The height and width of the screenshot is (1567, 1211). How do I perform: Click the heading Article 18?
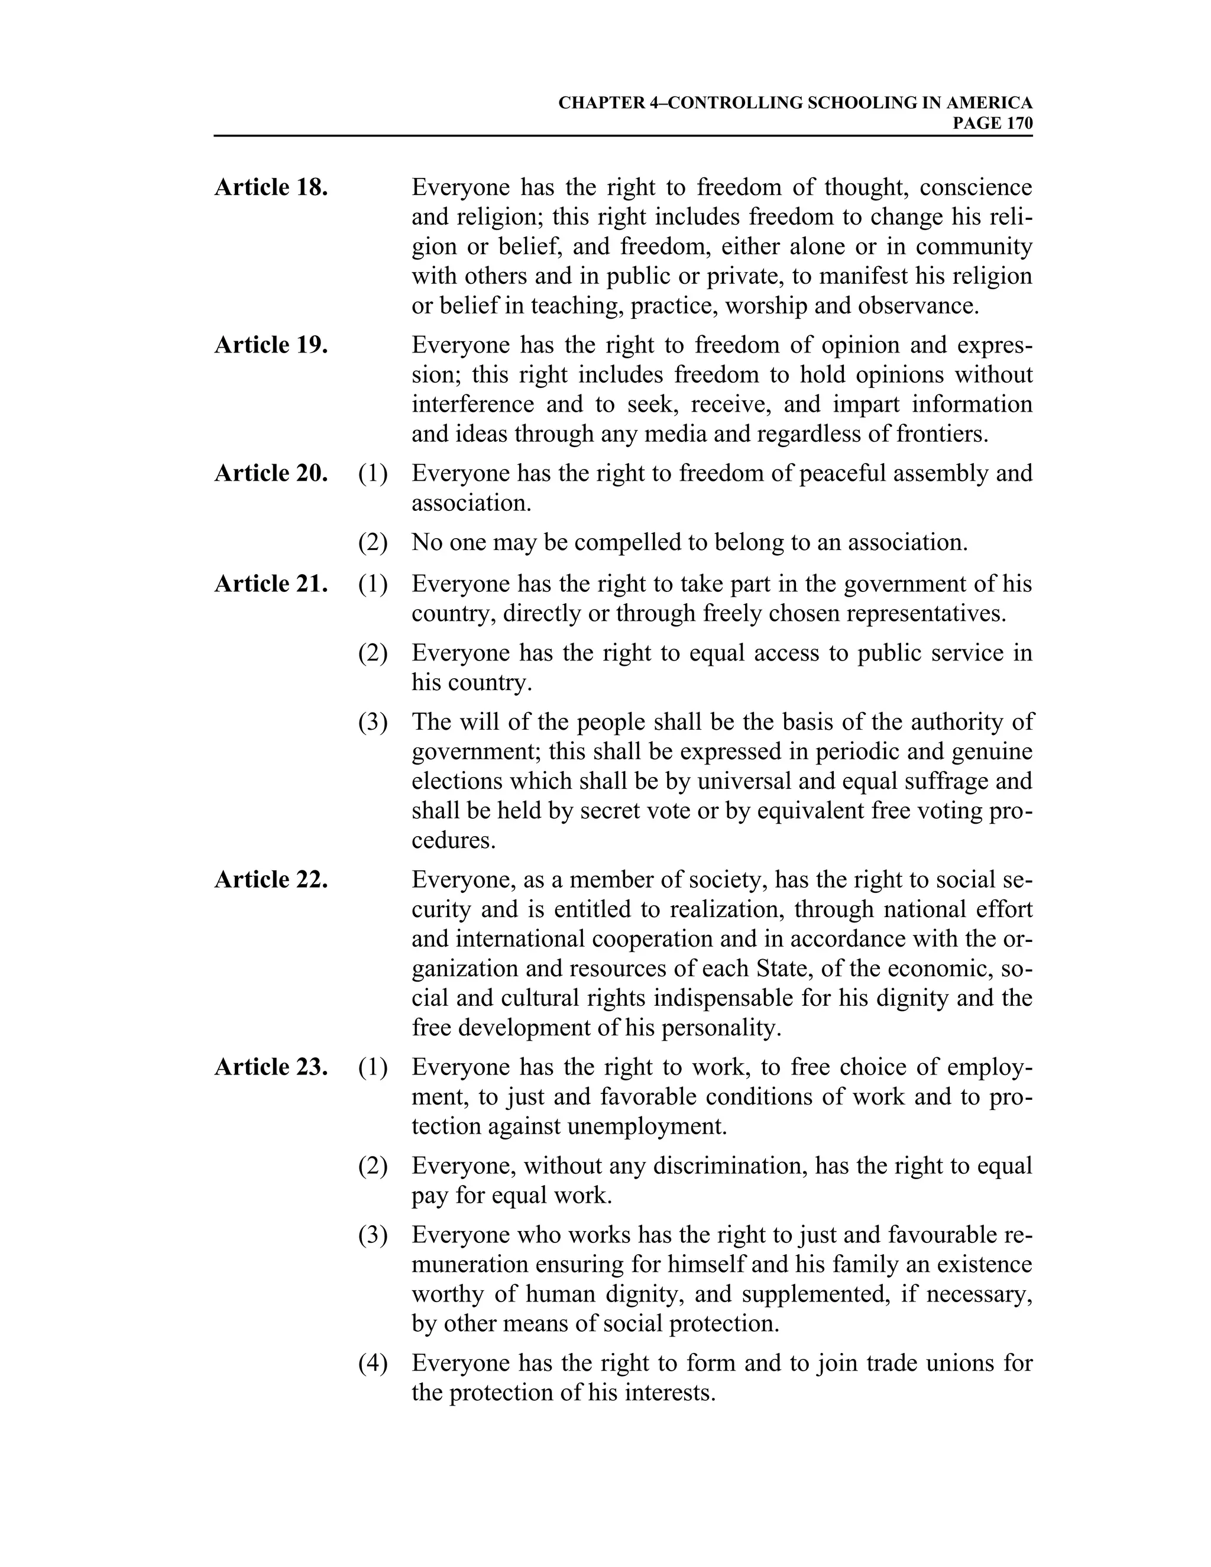[271, 188]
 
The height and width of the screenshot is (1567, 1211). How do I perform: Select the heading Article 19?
[271, 345]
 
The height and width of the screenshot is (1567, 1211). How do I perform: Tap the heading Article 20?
[271, 474]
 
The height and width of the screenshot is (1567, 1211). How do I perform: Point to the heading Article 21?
[271, 584]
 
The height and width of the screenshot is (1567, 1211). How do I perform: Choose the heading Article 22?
[271, 880]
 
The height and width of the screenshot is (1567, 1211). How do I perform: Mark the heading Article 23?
[271, 1067]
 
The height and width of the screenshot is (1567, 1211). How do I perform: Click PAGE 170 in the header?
[992, 124]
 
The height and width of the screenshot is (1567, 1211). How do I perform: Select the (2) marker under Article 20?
[373, 542]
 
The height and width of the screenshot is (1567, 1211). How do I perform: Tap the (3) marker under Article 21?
[373, 723]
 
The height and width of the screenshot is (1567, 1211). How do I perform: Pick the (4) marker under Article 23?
[373, 1363]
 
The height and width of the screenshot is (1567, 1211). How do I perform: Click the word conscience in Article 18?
[976, 188]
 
